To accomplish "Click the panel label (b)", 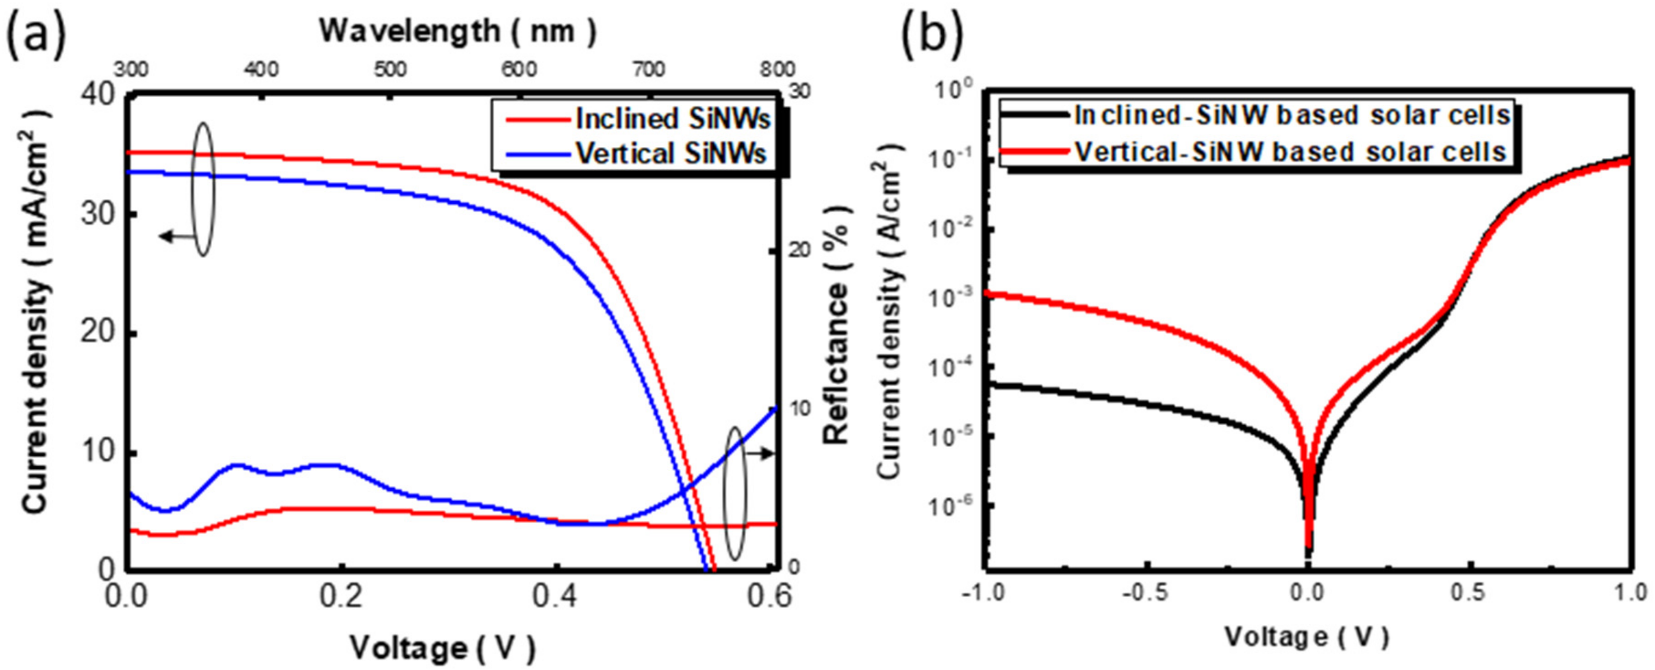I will tap(933, 33).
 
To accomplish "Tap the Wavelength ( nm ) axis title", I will tap(457, 31).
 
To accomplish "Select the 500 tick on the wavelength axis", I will tap(390, 69).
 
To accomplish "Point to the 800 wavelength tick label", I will tap(775, 69).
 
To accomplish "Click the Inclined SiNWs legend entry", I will tap(671, 119).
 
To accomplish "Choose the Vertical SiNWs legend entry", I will tap(671, 153).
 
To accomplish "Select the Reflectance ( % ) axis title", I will tap(837, 325).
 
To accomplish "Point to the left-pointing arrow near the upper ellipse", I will tap(175, 237).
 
